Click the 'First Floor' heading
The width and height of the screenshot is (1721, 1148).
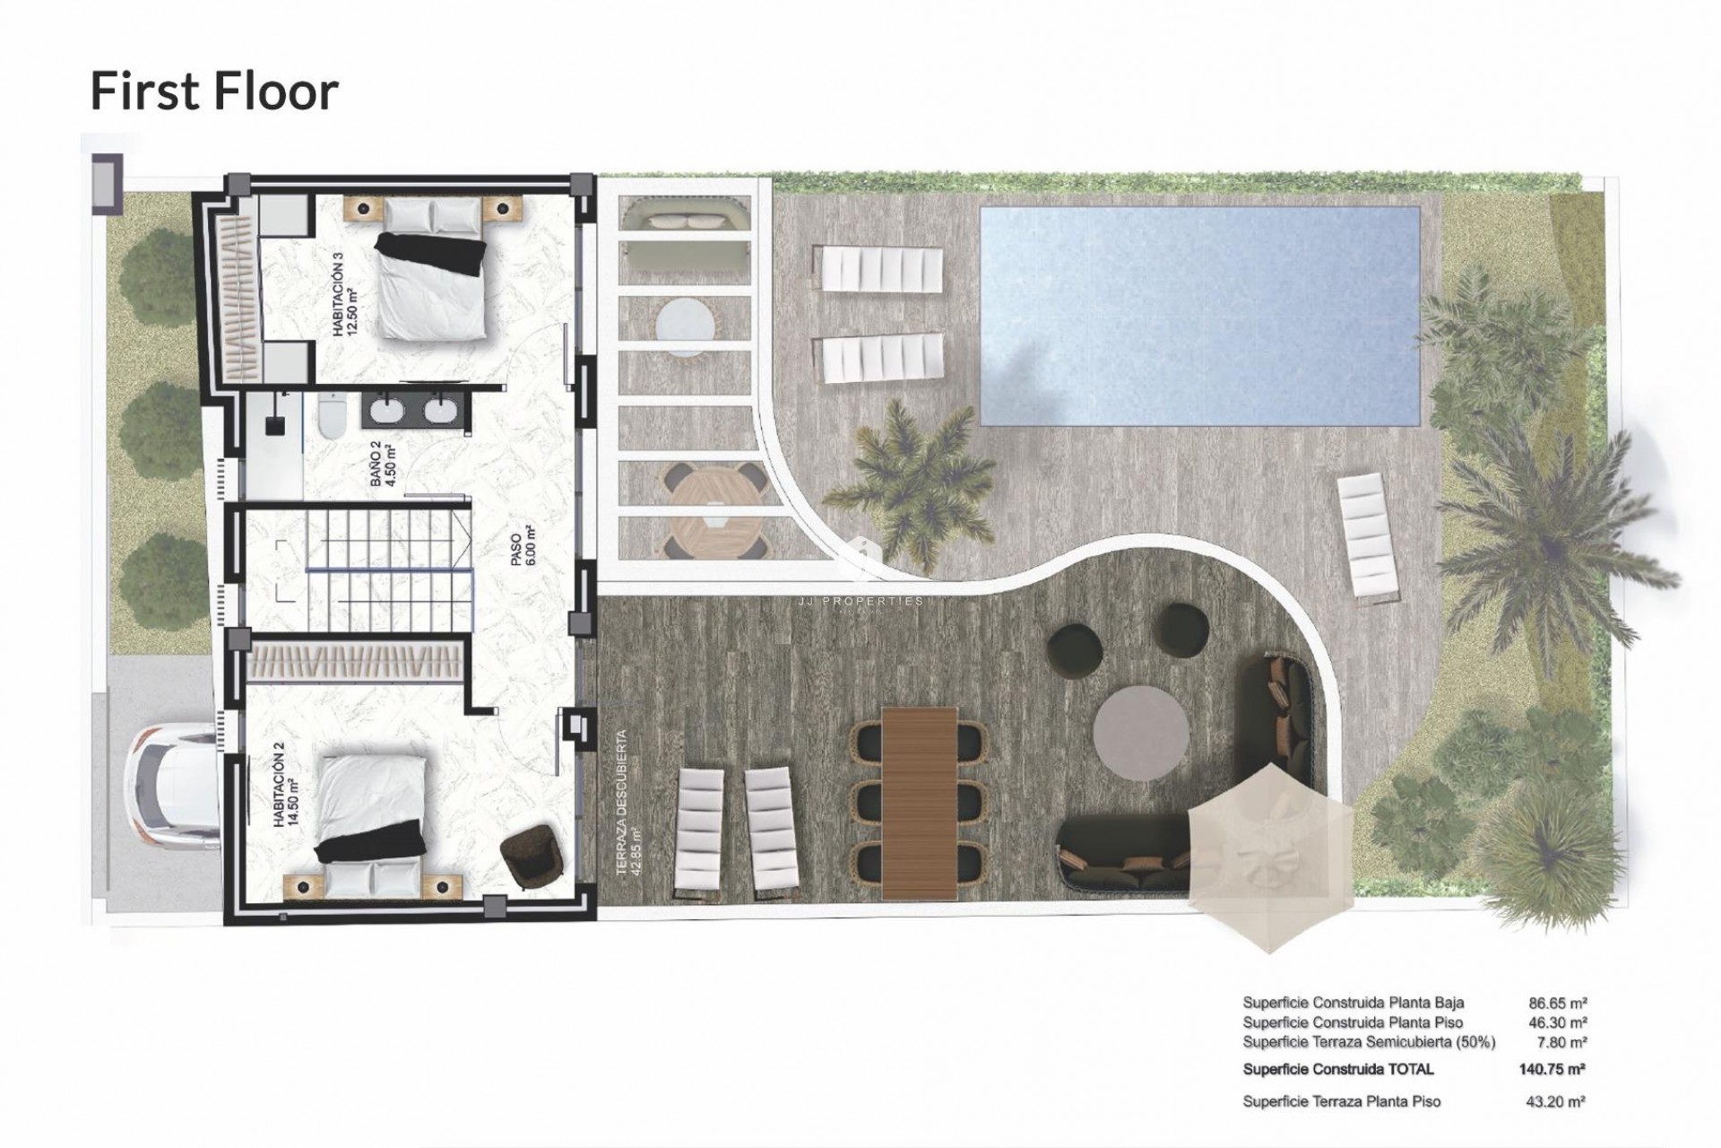pos(214,91)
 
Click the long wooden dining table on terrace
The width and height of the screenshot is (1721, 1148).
pos(920,801)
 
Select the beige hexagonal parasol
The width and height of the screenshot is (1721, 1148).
pos(1271,855)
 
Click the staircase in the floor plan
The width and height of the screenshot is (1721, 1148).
pos(385,569)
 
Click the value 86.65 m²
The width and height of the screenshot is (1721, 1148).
pos(1558,1003)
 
